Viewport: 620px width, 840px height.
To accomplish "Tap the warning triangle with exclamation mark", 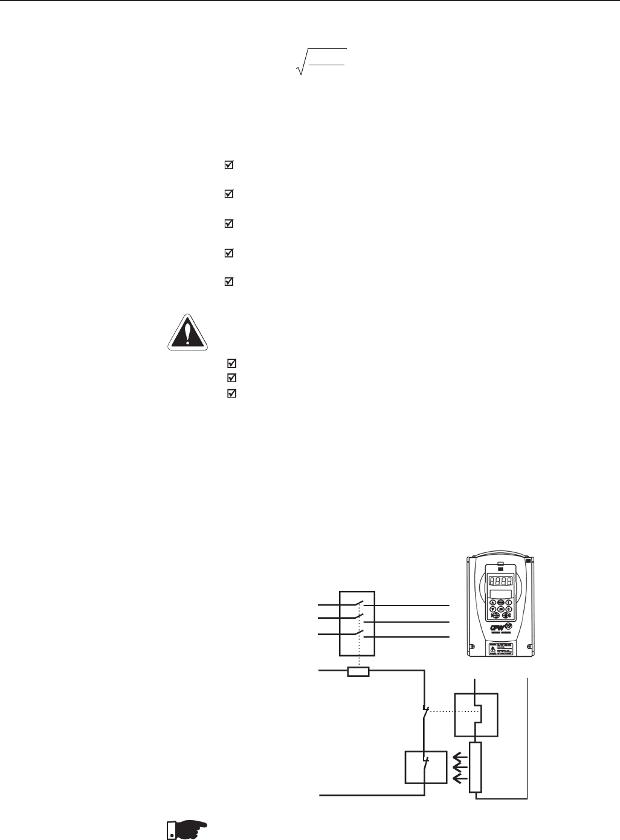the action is tap(187, 332).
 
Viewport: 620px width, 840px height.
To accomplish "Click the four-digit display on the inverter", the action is tap(500, 583).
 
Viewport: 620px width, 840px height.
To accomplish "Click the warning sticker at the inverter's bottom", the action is tap(500, 650).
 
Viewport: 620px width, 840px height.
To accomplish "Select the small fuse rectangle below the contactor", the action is tap(358, 671).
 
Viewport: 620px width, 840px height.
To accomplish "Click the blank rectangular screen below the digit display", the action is tap(500, 595).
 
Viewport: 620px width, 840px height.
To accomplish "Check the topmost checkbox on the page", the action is tap(228, 165).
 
